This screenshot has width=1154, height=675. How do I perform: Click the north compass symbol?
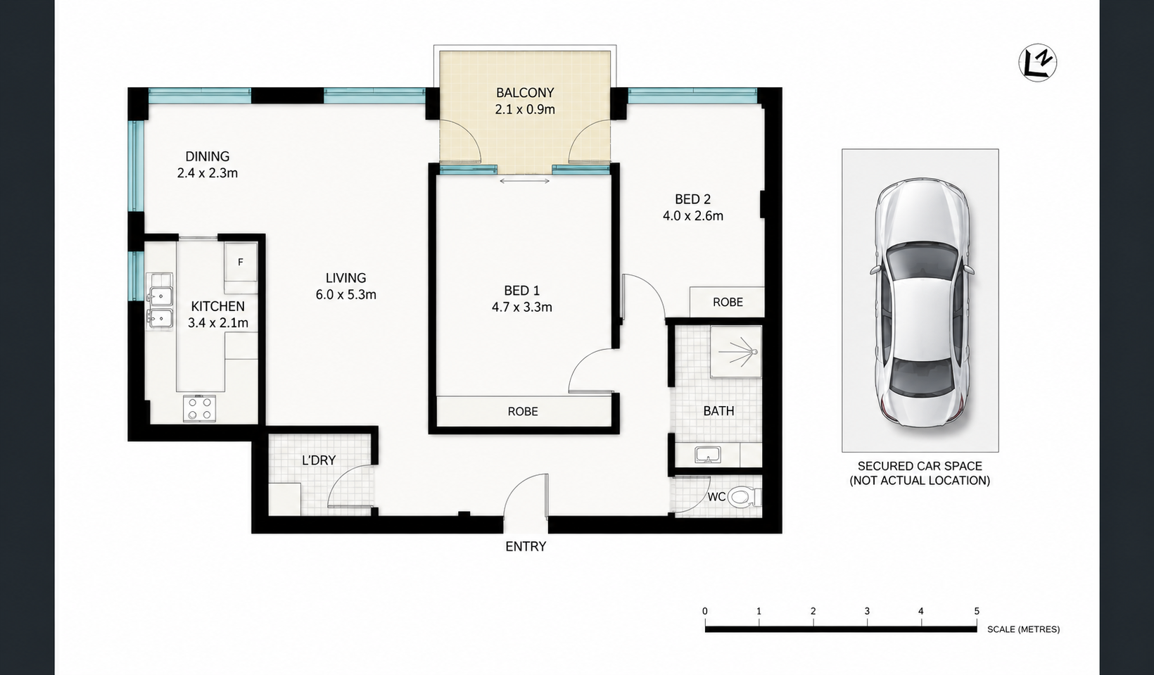1038,63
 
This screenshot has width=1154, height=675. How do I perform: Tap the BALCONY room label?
525,93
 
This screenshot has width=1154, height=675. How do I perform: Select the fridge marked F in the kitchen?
241,262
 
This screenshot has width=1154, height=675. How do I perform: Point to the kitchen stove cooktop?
199,409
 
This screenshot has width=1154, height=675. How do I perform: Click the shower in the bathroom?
736,351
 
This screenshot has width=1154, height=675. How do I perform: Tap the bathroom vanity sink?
707,455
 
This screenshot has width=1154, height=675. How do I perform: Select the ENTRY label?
526,546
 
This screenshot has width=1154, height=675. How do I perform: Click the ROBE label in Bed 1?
523,411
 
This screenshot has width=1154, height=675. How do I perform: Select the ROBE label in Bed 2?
728,302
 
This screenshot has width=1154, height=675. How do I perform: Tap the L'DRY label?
318,460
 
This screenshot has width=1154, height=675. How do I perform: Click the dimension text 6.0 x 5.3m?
345,295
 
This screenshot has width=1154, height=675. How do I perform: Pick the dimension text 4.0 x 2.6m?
693,216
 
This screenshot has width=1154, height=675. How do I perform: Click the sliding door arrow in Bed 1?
524,181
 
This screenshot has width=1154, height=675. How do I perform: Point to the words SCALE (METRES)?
1023,629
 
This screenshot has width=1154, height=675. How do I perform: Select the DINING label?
207,156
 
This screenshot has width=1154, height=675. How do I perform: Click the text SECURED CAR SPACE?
920,466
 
